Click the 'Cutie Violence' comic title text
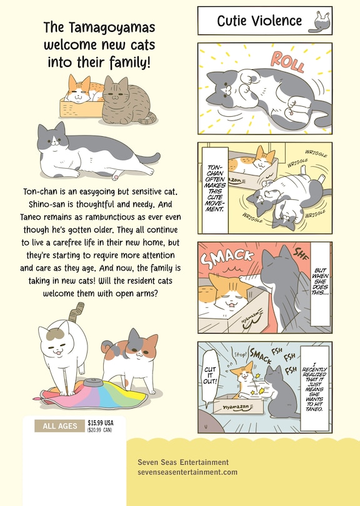click(259, 21)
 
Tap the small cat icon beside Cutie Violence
click(322, 21)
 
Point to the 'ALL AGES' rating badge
click(60, 426)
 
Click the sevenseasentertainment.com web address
click(187, 472)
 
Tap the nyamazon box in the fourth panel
click(241, 404)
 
